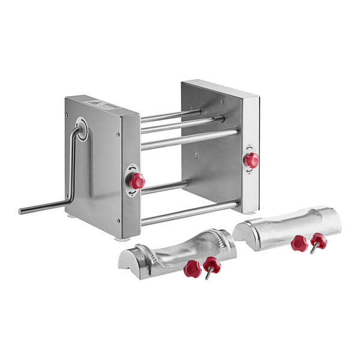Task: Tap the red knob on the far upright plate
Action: pos(251,160)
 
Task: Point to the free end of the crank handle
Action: pos(22,211)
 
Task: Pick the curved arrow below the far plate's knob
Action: pos(248,172)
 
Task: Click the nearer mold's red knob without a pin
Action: pos(192,268)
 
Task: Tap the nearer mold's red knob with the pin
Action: pos(212,264)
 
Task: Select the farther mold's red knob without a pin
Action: pos(299,242)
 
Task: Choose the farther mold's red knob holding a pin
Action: pos(319,241)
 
